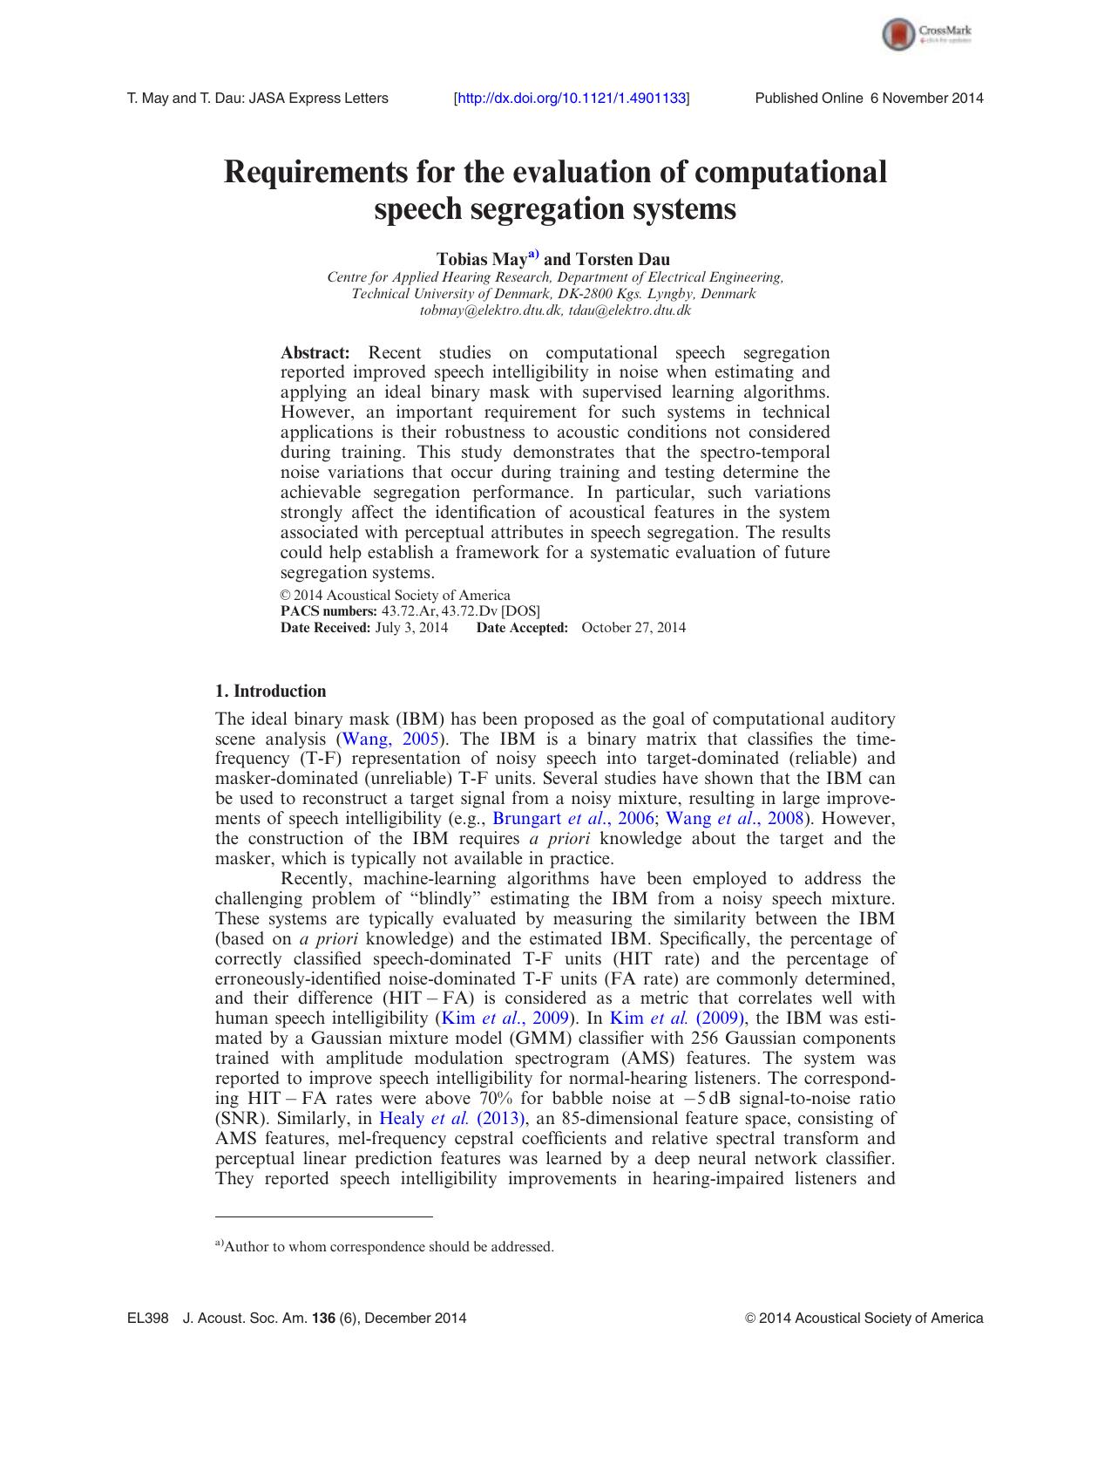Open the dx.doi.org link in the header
click(x=572, y=99)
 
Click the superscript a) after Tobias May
click(x=533, y=256)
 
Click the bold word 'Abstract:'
click(x=315, y=353)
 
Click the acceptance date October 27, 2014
click(x=633, y=628)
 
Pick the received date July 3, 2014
click(x=411, y=628)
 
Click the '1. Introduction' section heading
click(x=270, y=692)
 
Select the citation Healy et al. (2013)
click(x=452, y=1119)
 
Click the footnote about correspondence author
click(x=384, y=1247)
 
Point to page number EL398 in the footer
click(x=147, y=1319)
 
